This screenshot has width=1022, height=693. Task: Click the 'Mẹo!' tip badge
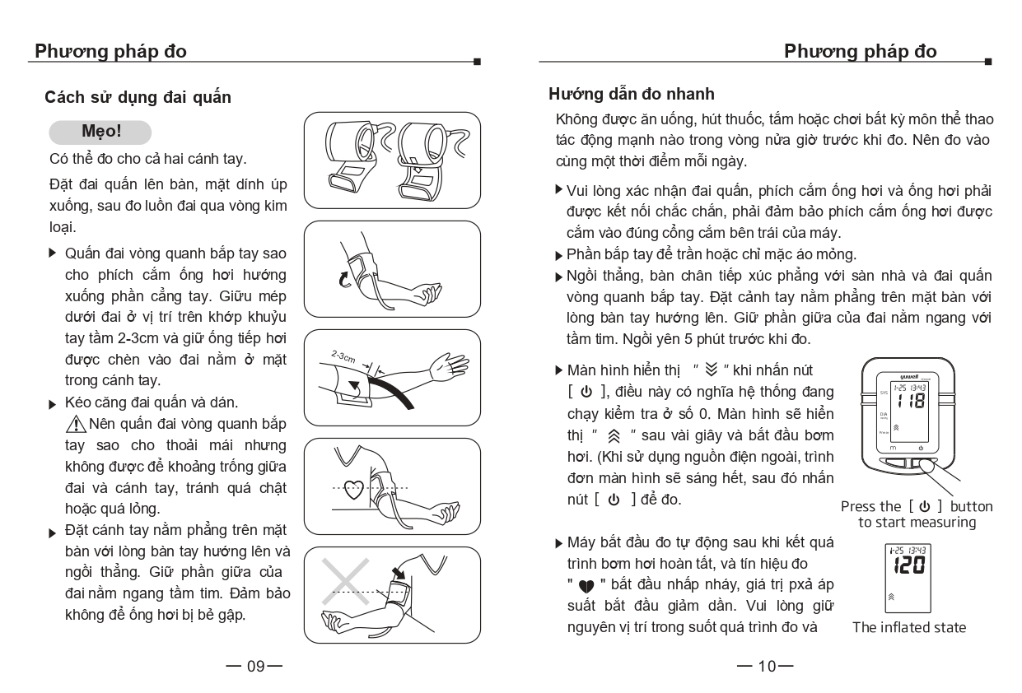(100, 132)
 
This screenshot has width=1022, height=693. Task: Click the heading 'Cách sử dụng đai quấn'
(138, 98)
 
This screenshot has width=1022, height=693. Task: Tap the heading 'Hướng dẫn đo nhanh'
(632, 95)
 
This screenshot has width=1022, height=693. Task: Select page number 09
(254, 666)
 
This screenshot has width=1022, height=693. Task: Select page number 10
(766, 666)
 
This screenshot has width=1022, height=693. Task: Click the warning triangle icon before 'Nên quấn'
(77, 425)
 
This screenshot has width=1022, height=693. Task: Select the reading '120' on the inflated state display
(908, 565)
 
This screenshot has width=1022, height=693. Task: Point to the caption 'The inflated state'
(908, 628)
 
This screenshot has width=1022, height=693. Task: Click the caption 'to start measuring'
(917, 523)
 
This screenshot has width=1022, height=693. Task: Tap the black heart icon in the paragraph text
(586, 586)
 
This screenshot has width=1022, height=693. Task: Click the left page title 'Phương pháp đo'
(110, 52)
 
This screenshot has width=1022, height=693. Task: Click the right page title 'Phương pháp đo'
(860, 52)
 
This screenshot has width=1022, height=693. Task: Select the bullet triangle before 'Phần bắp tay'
(560, 255)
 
